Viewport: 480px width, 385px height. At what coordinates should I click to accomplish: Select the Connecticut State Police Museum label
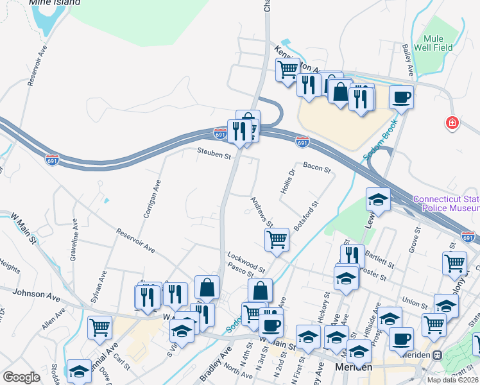(x=446, y=203)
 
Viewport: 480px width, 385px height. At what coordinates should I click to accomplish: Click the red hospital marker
(x=453, y=123)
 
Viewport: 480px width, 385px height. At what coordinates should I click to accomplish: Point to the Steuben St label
(x=214, y=155)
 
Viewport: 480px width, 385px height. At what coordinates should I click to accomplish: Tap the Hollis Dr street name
(x=286, y=182)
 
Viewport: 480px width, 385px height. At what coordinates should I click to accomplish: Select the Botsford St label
(x=305, y=217)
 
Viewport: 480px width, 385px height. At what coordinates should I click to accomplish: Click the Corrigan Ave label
(x=152, y=199)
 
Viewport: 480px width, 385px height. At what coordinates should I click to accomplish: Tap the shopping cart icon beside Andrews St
(x=277, y=239)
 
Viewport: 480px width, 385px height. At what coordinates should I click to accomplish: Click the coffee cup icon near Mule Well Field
(x=401, y=97)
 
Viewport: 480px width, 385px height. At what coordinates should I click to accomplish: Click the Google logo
(x=21, y=377)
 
